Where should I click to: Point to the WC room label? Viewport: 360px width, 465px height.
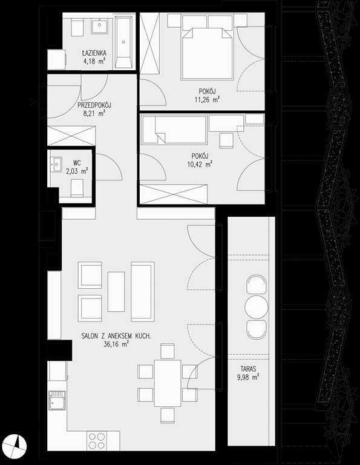[77, 162]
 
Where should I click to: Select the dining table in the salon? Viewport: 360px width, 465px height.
[168, 383]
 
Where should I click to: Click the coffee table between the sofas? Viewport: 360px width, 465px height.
[116, 292]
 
